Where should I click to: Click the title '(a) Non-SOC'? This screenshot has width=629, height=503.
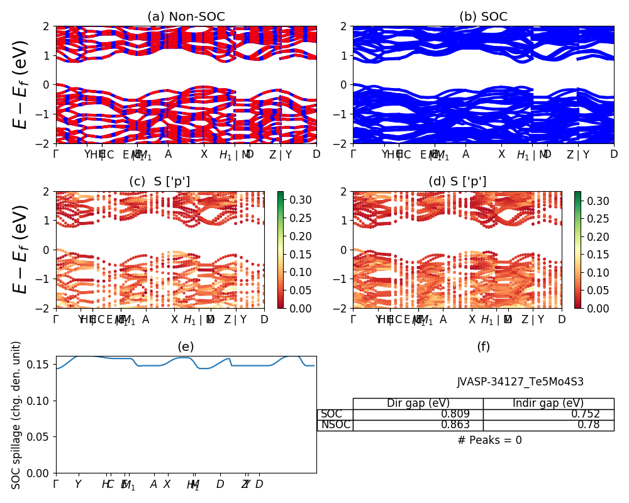pyautogui.click(x=186, y=17)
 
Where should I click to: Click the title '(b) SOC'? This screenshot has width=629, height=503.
pyautogui.click(x=483, y=17)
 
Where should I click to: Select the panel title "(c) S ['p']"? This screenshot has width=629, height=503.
pyautogui.click(x=159, y=182)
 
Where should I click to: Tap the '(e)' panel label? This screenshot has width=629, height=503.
pyautogui.click(x=186, y=346)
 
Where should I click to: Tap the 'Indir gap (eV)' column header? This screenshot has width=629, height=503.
pyautogui.click(x=548, y=403)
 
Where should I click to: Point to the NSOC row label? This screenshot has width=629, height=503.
pyautogui.click(x=335, y=425)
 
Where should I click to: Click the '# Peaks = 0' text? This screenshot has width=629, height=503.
pyautogui.click(x=489, y=440)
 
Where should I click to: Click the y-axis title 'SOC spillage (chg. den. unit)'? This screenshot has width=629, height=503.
pyautogui.click(x=16, y=415)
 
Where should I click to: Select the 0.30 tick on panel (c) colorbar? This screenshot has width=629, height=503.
pyautogui.click(x=294, y=201)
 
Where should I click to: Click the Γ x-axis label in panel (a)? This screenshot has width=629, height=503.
pyautogui.click(x=56, y=154)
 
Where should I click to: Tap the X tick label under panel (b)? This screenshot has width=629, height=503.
pyautogui.click(x=501, y=154)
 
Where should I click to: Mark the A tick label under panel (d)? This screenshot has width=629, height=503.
pyautogui.click(x=443, y=319)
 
